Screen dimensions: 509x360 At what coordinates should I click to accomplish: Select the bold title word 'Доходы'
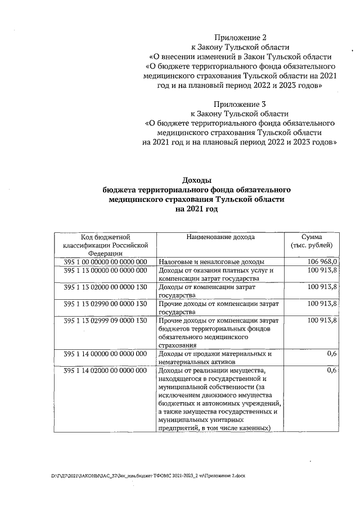click(196, 180)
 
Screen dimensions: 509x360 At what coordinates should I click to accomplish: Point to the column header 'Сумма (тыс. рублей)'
click(312, 241)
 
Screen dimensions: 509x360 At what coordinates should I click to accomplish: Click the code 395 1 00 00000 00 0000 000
click(105, 262)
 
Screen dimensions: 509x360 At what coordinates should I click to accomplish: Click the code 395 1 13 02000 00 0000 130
click(105, 287)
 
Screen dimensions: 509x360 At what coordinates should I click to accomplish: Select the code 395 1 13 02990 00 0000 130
click(105, 304)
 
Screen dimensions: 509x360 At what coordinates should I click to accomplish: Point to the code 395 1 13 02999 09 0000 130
click(105, 321)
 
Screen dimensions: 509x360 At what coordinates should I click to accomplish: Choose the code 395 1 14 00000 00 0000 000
click(105, 354)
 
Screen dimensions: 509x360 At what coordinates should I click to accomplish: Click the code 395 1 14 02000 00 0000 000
click(105, 371)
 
